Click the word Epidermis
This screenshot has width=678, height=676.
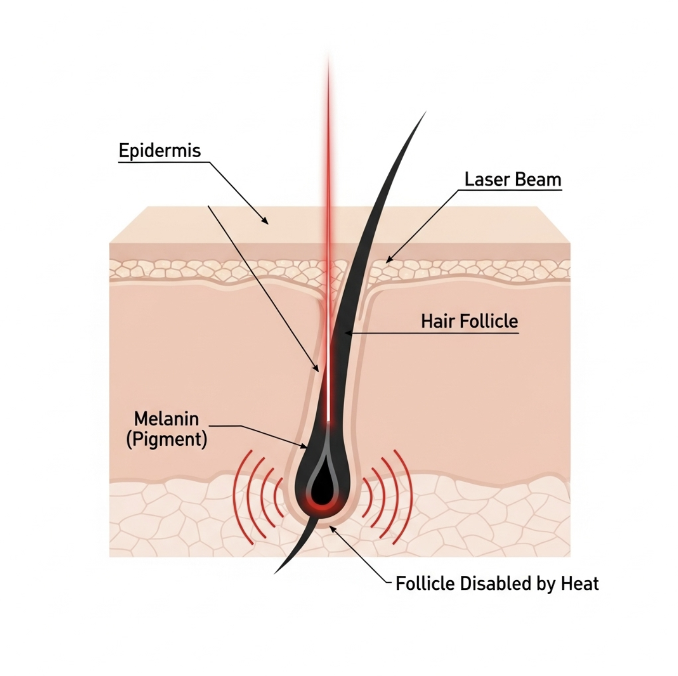click(x=160, y=151)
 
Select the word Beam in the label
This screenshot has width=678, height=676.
click(x=537, y=179)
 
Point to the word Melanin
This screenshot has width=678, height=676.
click(x=166, y=419)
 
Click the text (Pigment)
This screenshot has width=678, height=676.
click(x=166, y=440)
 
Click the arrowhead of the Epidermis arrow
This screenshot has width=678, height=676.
click(x=264, y=220)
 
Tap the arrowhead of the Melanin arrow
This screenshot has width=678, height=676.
click(x=303, y=446)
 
